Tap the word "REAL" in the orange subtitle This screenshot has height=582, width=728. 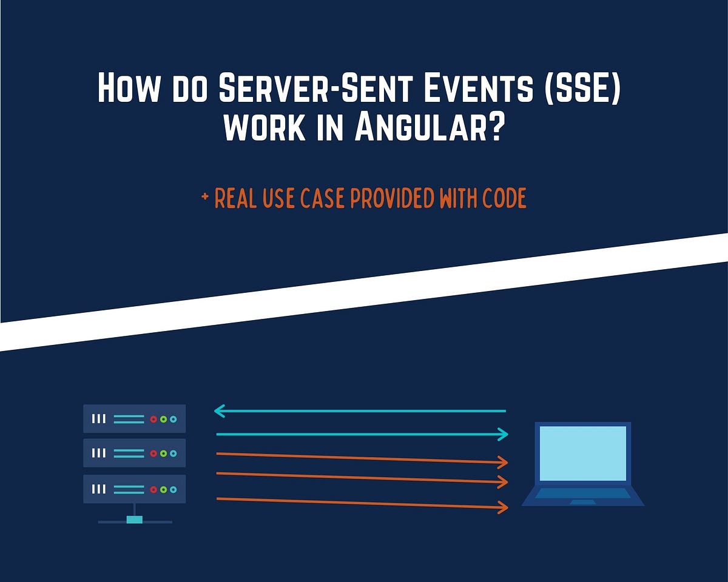tap(236, 198)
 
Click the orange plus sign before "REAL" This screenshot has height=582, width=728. tap(204, 198)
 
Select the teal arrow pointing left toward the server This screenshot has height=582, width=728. tap(360, 412)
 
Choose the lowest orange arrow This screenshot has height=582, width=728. tap(362, 503)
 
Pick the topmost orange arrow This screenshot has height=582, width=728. tap(362, 458)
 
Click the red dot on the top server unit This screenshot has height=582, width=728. tap(153, 419)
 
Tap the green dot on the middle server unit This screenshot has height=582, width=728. tap(163, 453)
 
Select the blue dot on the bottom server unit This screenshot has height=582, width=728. tap(173, 489)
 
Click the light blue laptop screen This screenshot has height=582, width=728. tap(582, 453)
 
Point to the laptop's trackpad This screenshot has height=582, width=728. tap(582, 502)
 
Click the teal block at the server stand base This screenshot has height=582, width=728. tap(134, 520)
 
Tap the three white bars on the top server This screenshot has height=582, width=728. tap(98, 419)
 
